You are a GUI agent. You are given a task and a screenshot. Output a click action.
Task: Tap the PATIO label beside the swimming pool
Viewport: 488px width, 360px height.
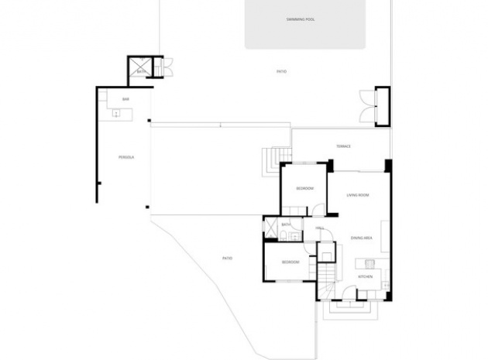click(282, 71)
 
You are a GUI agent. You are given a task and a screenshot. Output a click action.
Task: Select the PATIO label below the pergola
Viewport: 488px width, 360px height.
click(227, 258)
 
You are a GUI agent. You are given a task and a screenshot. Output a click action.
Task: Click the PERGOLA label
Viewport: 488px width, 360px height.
click(126, 157)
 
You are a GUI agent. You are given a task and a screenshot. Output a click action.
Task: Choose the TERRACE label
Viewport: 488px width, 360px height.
click(343, 146)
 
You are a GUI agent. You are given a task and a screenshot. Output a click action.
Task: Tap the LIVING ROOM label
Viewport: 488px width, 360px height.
click(357, 195)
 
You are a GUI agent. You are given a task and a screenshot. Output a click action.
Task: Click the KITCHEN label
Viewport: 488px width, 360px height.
click(365, 276)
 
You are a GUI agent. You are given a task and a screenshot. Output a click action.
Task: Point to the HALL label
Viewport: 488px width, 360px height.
click(319, 228)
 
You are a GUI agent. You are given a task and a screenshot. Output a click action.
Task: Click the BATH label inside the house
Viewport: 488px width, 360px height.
click(286, 225)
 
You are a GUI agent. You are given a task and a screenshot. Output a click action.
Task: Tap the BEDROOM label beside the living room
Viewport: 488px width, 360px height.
click(304, 189)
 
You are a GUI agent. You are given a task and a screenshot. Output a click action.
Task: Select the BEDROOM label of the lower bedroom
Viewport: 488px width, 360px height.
click(290, 262)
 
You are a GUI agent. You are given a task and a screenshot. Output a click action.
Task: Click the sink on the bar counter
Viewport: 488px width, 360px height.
click(116, 114)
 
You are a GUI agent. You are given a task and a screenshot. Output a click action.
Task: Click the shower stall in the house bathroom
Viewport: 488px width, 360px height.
click(271, 228)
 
